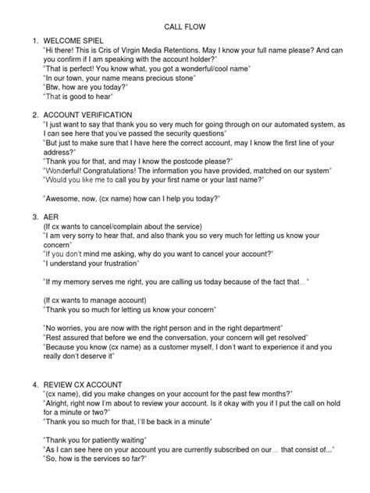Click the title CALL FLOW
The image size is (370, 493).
pos(185,25)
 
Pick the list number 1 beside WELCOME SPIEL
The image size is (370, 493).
pos(27,39)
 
